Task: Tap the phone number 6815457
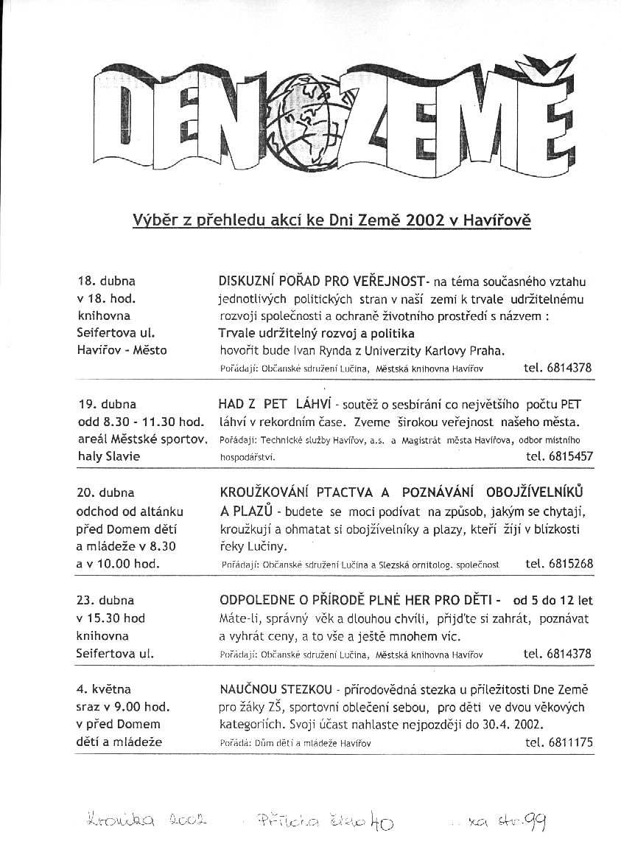click(571, 456)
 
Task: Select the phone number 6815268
click(570, 564)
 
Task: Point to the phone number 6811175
click(570, 742)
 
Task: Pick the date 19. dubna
click(107, 404)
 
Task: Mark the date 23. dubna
click(107, 600)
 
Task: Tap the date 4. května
click(104, 689)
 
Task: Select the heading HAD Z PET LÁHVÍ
click(272, 405)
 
